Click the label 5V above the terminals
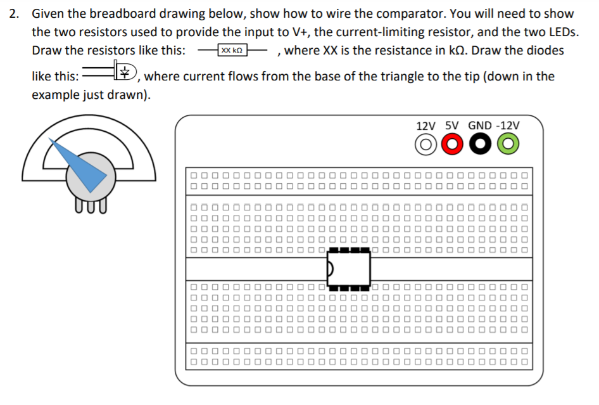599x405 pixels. click(453, 125)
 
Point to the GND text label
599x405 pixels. click(479, 125)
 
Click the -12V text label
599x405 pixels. click(509, 125)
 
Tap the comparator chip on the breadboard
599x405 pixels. click(348, 268)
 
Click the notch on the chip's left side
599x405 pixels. click(329, 269)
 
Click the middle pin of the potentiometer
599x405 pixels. click(90, 204)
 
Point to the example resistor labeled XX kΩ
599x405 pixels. click(231, 50)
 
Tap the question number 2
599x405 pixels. click(14, 14)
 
